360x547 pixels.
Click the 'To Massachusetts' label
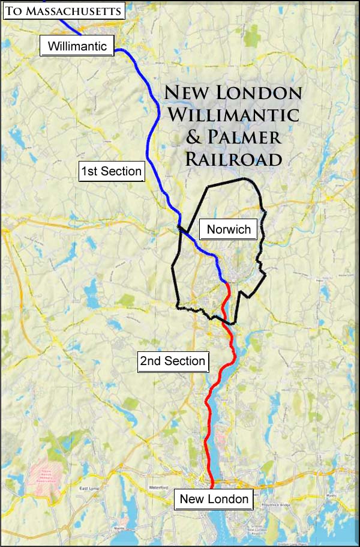(63, 10)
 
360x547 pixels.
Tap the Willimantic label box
(77, 46)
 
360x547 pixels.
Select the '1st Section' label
(112, 171)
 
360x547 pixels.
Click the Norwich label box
(228, 229)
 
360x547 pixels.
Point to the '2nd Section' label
(172, 361)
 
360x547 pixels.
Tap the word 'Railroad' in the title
(233, 159)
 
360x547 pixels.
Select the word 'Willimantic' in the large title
(232, 114)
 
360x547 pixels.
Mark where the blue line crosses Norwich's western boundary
(179, 227)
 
